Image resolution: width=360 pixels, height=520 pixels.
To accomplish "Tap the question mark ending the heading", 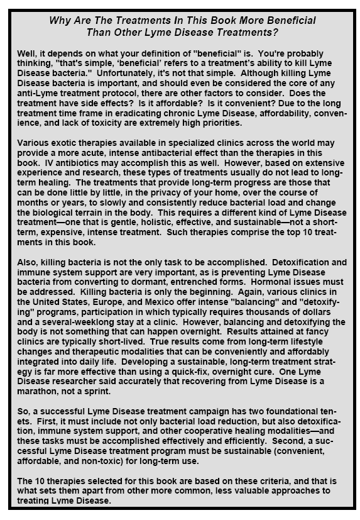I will tap(279, 32).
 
